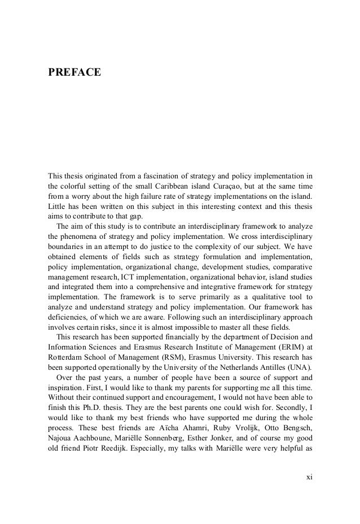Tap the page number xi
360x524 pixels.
[x=309, y=477]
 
